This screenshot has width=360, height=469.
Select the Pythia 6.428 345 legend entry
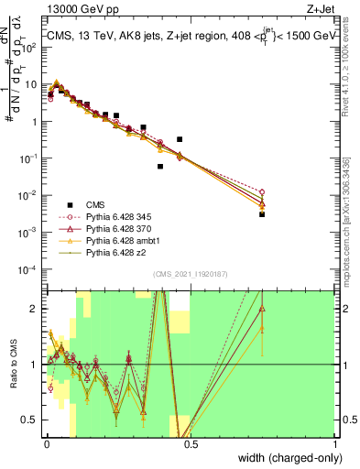coord(108,217)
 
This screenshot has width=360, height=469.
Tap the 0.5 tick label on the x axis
coord(191,443)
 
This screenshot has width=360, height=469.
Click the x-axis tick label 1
coord(336,443)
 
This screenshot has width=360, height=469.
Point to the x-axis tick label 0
coord(47,443)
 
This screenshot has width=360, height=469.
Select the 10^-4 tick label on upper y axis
coord(30,270)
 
